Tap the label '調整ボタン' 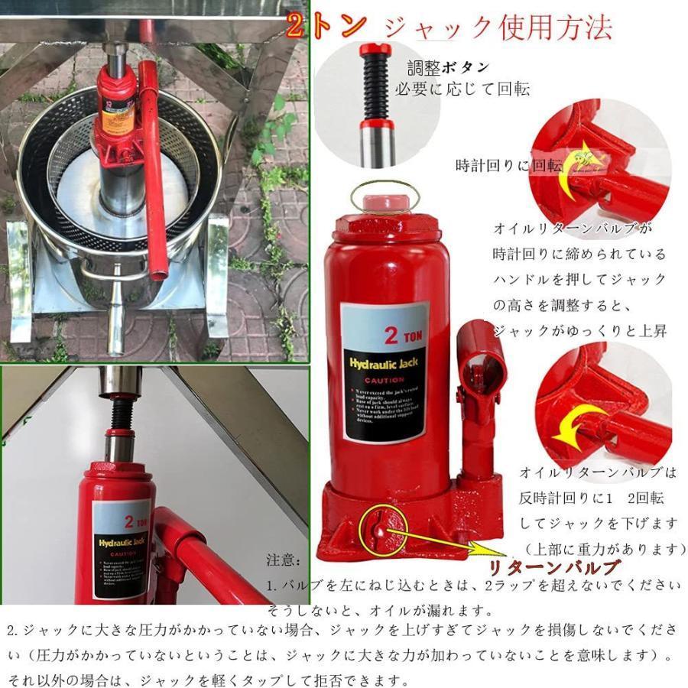click(448, 68)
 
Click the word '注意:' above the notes click(284, 561)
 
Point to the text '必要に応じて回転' click(461, 89)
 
